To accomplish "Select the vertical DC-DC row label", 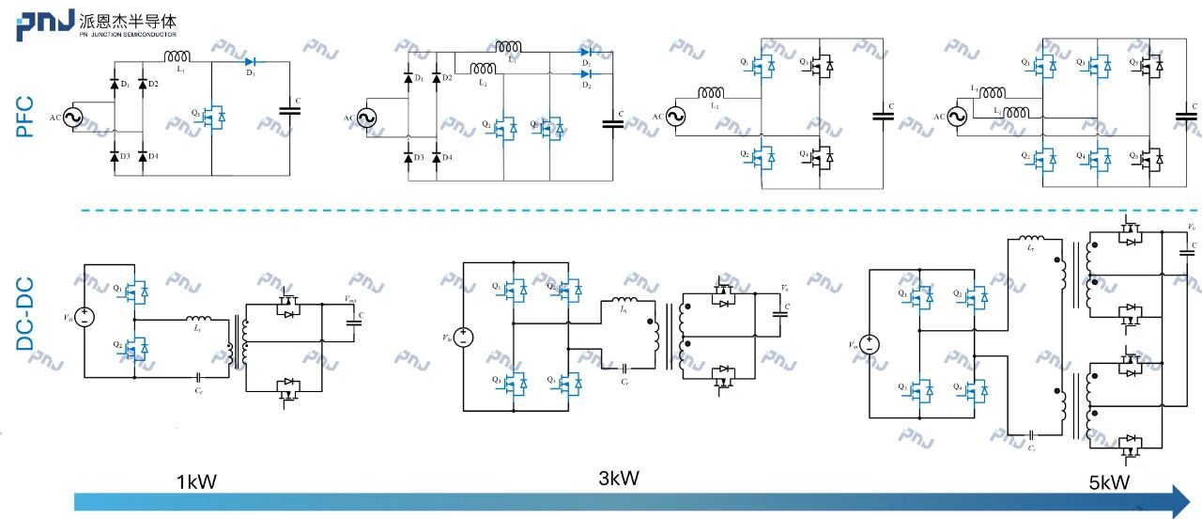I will point(25,316).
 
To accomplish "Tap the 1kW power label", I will point(196,482).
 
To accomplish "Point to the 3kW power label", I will point(619,478).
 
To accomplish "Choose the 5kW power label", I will point(1109,482).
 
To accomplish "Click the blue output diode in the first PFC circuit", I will point(251,61).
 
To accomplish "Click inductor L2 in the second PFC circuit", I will point(484,69).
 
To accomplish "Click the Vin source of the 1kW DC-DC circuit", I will point(84,317).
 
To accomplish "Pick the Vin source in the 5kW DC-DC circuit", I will point(870,345).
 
